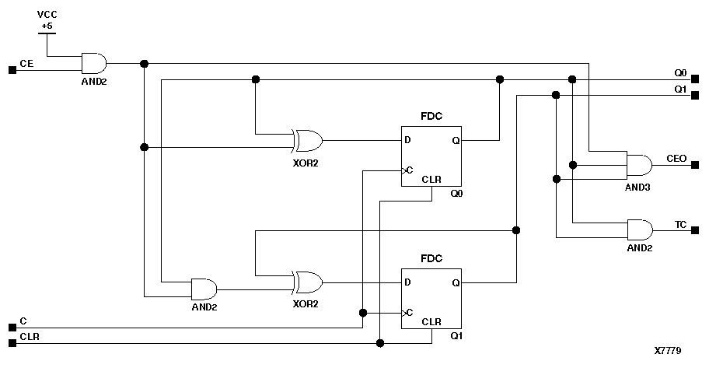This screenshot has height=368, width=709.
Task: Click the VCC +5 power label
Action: click(x=47, y=20)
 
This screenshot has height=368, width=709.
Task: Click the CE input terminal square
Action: click(x=12, y=70)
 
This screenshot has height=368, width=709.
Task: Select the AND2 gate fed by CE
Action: click(x=94, y=62)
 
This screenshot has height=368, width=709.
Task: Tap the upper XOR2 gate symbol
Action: click(x=308, y=140)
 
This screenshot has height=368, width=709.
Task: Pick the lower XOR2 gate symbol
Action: click(x=308, y=281)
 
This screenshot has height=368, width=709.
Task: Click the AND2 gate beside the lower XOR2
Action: click(x=204, y=289)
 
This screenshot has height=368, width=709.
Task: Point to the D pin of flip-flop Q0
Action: click(x=408, y=141)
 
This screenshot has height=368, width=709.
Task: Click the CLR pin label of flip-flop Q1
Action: click(x=431, y=321)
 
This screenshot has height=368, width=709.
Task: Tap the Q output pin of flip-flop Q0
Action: click(x=455, y=141)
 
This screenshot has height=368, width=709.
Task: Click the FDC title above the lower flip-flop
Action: click(x=431, y=258)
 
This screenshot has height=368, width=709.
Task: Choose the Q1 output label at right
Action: click(x=680, y=89)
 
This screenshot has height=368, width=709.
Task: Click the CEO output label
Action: click(x=676, y=158)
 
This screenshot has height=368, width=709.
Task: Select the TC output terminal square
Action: click(x=697, y=231)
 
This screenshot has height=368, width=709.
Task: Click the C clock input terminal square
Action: click(x=12, y=327)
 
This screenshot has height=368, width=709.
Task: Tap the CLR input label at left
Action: click(x=29, y=336)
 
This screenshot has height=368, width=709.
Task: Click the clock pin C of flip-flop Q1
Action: click(x=409, y=313)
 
